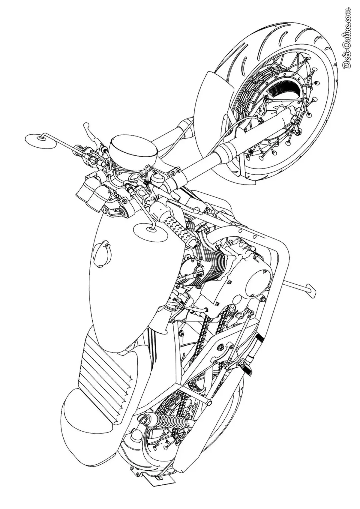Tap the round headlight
point(133,150)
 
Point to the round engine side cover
point(258,279)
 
